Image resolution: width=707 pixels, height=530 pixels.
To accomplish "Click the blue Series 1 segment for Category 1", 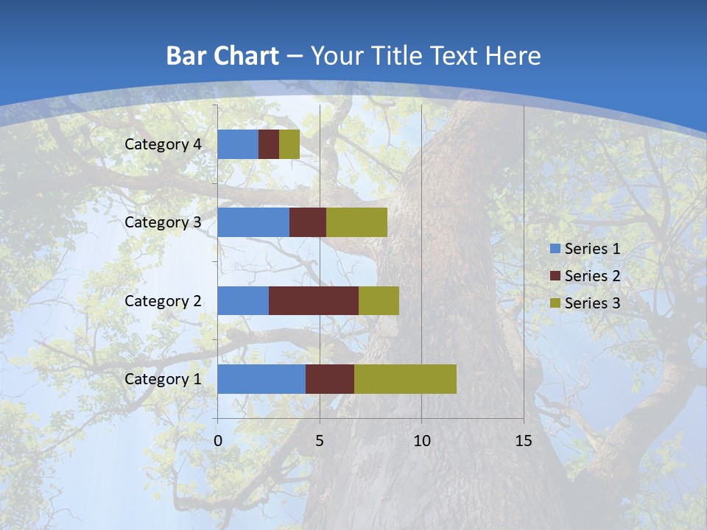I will pos(261,379).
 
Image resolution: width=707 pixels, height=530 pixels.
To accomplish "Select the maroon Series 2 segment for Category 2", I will pos(314,300).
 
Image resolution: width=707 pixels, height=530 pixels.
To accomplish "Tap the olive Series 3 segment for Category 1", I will pos(405,379).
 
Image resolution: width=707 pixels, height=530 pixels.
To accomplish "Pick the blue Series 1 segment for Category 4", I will pos(238,144).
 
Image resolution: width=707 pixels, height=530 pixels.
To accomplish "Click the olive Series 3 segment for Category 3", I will pos(356,222).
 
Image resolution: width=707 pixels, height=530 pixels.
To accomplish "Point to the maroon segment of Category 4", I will pos(269,144).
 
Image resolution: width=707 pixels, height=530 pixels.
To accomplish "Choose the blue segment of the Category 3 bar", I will pos(253,222).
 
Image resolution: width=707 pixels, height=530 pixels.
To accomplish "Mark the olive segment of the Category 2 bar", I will pos(379,300).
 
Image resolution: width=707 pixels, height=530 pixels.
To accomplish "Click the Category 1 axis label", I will pos(163,379).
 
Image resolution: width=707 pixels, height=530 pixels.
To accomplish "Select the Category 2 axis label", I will pos(163,300).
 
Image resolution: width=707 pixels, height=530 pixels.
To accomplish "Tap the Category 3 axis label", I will pos(163,222).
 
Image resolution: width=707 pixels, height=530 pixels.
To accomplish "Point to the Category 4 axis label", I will pos(163,144).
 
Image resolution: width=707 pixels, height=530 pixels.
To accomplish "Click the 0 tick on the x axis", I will pos(218,441).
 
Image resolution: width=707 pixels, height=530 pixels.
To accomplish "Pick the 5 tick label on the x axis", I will pos(320,441).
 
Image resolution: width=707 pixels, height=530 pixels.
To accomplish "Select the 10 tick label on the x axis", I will pos(421,441).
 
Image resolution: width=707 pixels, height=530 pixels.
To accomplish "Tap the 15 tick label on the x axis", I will pos(523,441).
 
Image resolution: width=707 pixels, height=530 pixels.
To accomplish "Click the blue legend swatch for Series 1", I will pos(555,249).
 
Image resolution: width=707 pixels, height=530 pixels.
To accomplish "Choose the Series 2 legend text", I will pos(592,276).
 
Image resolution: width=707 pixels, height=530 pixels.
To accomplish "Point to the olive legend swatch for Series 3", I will pos(555,303).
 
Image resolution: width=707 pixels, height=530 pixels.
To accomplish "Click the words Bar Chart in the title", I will pos(222,56).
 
